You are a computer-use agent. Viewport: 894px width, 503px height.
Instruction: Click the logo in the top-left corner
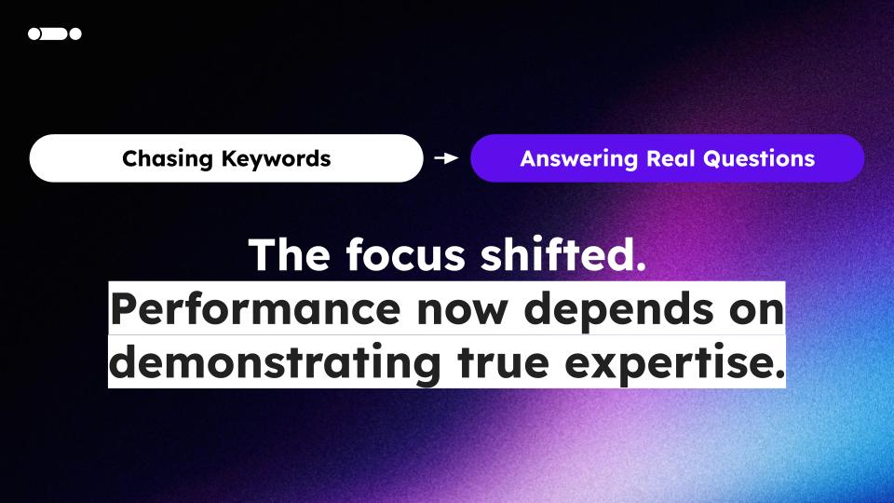55,34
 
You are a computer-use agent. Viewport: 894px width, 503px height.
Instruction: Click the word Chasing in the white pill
167,159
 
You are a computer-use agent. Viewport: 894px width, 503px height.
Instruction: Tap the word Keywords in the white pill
276,158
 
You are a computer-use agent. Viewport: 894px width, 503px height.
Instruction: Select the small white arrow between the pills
446,158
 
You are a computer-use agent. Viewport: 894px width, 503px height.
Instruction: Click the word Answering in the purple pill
578,159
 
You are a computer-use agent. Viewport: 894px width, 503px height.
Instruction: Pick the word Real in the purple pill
670,158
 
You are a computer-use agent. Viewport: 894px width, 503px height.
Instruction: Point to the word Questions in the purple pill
759,158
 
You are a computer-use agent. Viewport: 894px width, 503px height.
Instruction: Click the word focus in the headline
406,254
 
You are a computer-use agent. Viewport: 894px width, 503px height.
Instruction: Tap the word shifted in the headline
556,253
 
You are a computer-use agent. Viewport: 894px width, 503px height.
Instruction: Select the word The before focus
290,254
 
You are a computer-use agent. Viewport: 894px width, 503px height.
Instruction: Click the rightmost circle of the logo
75,34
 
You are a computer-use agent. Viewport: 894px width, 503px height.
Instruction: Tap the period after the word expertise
780,375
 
